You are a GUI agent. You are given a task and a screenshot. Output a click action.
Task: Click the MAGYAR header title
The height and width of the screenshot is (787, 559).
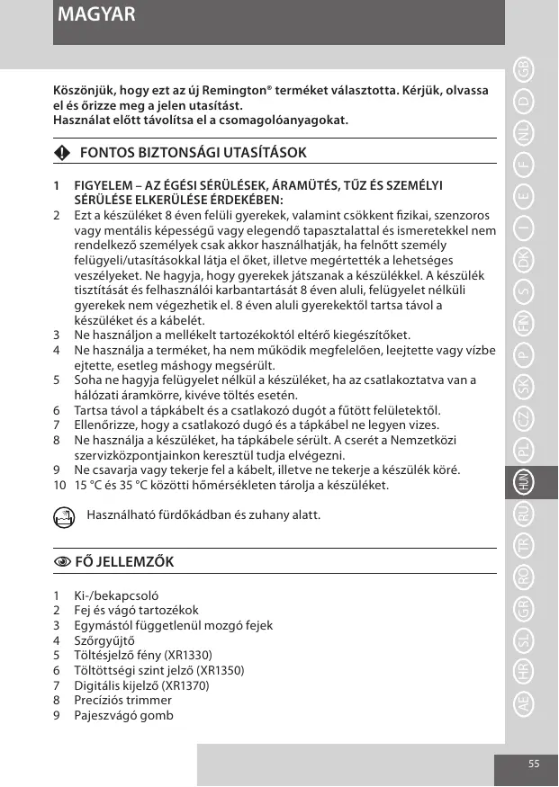pyautogui.click(x=95, y=15)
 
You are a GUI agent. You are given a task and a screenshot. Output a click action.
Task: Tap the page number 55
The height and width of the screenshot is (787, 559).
pyautogui.click(x=534, y=764)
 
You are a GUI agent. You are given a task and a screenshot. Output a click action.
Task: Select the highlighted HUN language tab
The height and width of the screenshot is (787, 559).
pyautogui.click(x=523, y=482)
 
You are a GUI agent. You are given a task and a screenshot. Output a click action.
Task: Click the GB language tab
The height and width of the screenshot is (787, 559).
pyautogui.click(x=523, y=69)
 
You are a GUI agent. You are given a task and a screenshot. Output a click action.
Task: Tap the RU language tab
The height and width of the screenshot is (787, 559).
pyautogui.click(x=523, y=514)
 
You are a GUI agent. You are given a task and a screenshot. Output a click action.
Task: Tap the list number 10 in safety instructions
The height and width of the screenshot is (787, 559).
pyautogui.click(x=59, y=486)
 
